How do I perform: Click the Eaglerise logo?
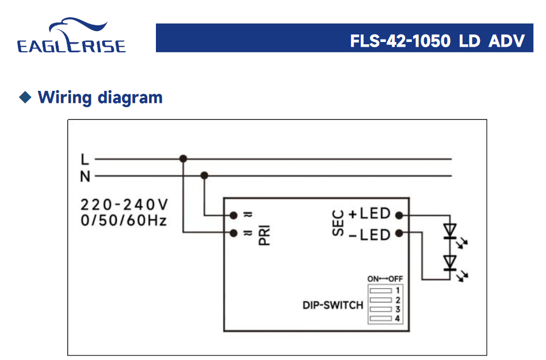tap(71, 37)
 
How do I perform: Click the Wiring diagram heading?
tap(100, 97)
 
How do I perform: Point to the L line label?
tap(85, 159)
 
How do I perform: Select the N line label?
tap(85, 177)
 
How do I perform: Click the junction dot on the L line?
tap(184, 159)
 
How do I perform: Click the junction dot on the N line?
tap(204, 176)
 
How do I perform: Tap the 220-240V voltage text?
tap(124, 205)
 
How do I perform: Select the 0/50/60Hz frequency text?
tap(124, 220)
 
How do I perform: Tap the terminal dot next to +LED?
tap(399, 215)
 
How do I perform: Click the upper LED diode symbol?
tap(450, 231)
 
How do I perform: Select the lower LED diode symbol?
tap(450, 263)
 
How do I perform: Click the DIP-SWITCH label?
tap(333, 305)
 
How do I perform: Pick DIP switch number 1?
tap(381, 291)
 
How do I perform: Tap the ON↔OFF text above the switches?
tap(385, 279)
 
